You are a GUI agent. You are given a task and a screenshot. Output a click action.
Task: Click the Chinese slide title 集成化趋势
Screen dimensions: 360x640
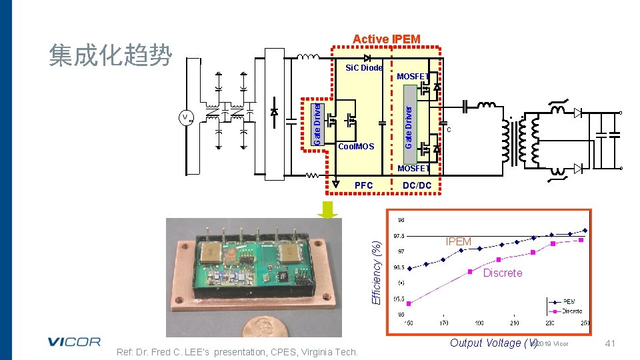111,55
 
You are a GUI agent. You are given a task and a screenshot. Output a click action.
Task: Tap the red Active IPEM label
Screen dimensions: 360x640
386,39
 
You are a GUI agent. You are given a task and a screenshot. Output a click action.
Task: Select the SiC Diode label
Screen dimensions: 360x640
363,68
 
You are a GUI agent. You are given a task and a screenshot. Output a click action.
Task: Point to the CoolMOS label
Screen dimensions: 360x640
356,146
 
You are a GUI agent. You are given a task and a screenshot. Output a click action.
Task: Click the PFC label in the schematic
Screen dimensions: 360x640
363,185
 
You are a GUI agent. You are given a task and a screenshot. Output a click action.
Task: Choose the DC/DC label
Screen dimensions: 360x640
417,185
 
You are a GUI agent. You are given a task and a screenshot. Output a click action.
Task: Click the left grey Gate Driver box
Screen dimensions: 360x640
319,122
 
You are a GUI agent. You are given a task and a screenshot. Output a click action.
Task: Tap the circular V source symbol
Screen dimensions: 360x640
185,118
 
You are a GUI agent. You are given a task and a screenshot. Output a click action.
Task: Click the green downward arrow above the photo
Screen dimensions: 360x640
328,209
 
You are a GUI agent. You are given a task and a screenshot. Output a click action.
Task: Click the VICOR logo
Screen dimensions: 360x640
74,342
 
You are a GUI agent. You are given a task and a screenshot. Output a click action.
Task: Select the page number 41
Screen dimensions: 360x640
609,343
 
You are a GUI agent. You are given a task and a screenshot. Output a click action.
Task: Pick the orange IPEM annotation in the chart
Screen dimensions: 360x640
458,241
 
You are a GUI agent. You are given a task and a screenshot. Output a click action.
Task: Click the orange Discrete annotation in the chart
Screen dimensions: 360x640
502,273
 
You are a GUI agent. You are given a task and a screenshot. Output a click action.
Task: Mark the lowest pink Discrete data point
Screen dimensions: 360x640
409,303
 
